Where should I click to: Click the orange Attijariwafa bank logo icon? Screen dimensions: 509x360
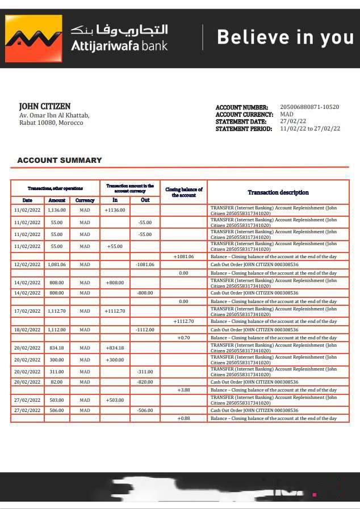[34, 39]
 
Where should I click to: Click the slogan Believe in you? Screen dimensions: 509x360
[285, 37]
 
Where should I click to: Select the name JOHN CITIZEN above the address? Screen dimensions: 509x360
[45, 106]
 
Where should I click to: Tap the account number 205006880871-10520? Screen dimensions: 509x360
[309, 107]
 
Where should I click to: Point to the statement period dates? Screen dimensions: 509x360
[310, 129]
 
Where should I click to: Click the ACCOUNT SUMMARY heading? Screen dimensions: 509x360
[60, 161]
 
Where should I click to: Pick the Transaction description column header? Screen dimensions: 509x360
[278, 192]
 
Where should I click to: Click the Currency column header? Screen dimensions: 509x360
[85, 200]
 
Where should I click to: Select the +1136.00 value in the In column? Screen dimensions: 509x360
[115, 210]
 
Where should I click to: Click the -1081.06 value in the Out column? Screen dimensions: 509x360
[145, 264]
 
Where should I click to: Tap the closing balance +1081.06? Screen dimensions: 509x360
[183, 256]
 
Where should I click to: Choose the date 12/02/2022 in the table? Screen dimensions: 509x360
[27, 264]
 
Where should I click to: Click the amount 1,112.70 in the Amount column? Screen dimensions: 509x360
[57, 311]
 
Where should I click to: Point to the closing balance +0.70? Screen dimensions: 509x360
[183, 338]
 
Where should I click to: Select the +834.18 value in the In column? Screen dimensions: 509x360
[115, 348]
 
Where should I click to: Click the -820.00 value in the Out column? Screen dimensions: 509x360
[145, 382]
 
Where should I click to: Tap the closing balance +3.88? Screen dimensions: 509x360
[183, 390]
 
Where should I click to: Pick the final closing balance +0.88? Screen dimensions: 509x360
[183, 418]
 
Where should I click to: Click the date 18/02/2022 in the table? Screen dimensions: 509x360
[27, 330]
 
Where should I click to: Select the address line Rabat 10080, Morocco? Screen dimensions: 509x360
[51, 123]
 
